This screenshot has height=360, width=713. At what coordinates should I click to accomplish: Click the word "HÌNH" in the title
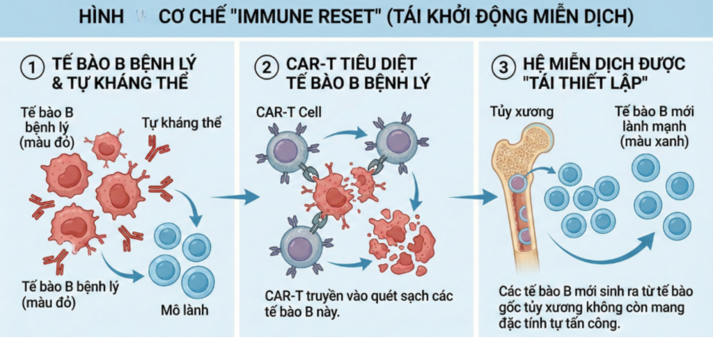(103, 17)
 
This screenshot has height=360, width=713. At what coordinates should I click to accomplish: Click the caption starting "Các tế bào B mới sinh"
(592, 306)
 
